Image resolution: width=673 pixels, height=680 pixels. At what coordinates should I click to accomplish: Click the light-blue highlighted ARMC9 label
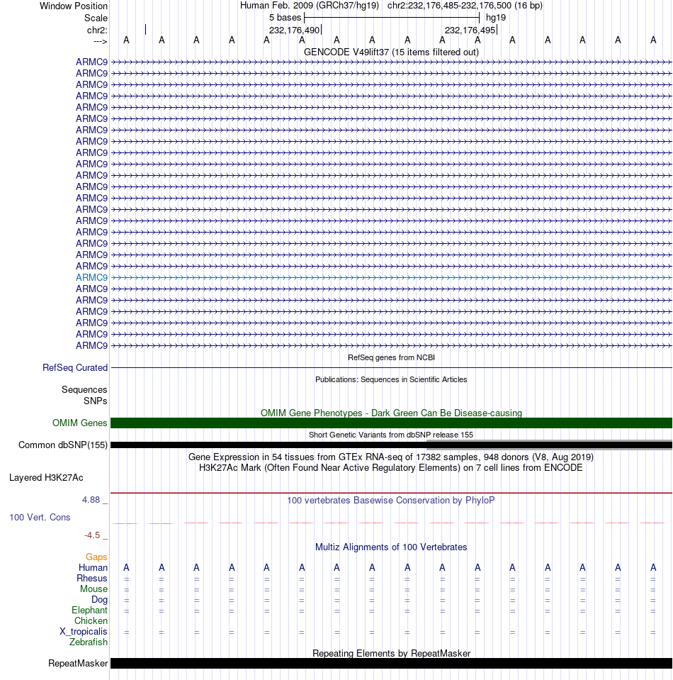[x=92, y=277]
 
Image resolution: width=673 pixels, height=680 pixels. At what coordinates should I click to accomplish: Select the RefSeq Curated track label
[x=75, y=367]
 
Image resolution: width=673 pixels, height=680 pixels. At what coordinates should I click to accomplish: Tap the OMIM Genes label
[x=80, y=423]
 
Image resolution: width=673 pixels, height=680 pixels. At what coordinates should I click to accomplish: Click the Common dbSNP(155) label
[x=63, y=445]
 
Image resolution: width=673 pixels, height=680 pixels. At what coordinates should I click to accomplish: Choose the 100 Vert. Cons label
[x=40, y=517]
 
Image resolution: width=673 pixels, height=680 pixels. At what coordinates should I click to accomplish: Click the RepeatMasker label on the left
[x=78, y=664]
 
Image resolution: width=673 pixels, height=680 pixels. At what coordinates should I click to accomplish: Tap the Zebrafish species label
[x=89, y=642]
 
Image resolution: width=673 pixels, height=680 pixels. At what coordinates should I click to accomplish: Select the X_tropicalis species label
[x=84, y=631]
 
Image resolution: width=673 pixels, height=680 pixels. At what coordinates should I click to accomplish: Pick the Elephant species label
[x=89, y=610]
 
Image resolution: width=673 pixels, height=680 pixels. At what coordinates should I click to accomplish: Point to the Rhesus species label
[x=92, y=578]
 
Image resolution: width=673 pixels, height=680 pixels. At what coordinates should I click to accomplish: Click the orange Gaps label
[x=96, y=557]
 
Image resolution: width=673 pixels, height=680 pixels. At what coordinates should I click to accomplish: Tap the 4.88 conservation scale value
[x=93, y=500]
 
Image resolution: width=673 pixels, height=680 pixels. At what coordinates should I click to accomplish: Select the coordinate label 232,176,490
[x=294, y=30]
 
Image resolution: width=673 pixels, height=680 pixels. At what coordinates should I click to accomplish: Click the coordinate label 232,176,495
[x=470, y=30]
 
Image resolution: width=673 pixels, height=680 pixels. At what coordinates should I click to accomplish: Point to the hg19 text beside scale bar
[x=496, y=17]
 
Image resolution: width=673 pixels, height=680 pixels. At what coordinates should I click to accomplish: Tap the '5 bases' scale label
[x=285, y=17]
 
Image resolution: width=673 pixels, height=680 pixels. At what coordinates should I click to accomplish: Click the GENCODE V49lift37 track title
[x=391, y=52]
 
